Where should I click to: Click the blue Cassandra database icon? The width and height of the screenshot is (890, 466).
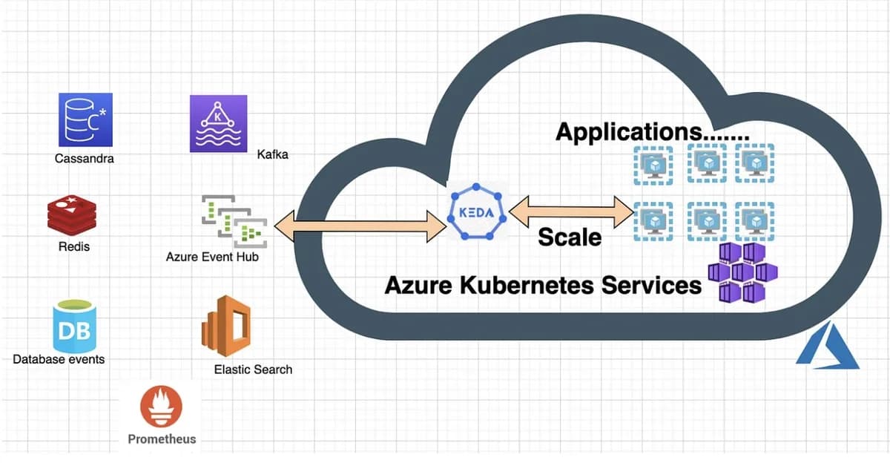point(85,119)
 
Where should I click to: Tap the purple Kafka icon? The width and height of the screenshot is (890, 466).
point(217,123)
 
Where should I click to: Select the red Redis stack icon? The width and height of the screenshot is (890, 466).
point(72,215)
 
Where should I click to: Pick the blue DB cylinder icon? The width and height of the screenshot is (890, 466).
point(75,326)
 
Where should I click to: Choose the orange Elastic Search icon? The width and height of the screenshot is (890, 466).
point(227,326)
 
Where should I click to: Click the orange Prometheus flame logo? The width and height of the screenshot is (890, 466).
point(161,407)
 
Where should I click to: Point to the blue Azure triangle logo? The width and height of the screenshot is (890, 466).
point(827,347)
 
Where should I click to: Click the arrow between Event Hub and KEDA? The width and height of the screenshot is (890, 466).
point(360,226)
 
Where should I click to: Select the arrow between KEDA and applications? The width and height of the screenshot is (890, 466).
point(572,211)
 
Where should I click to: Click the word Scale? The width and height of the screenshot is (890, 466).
point(570,237)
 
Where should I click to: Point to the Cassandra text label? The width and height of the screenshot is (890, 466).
point(85,158)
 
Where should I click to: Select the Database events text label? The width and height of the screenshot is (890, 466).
point(59,359)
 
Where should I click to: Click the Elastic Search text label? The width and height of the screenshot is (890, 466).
point(253,369)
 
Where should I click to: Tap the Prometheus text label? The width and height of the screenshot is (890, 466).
point(162,439)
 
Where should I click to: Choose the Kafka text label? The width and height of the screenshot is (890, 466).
point(272,154)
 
